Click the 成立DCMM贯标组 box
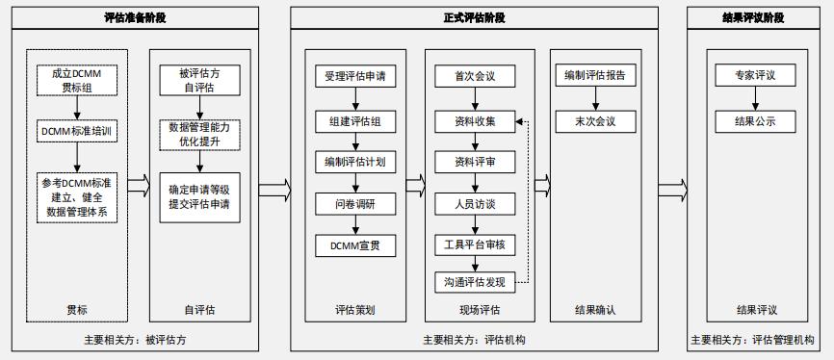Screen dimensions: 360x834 click(x=78, y=81)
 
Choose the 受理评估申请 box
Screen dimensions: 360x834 click(x=354, y=75)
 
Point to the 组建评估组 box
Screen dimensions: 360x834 click(x=354, y=121)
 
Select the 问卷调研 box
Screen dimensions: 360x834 click(x=354, y=204)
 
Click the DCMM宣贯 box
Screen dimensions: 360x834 click(x=354, y=246)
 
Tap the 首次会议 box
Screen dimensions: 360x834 click(x=475, y=75)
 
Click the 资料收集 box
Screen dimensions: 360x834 click(x=475, y=121)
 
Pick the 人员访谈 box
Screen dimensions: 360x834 click(x=475, y=204)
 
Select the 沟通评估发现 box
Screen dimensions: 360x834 click(x=475, y=282)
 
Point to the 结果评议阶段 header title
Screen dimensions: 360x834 click(x=752, y=18)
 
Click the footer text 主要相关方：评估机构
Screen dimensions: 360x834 click(x=474, y=340)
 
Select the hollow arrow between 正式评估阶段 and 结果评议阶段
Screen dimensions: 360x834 click(x=672, y=187)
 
